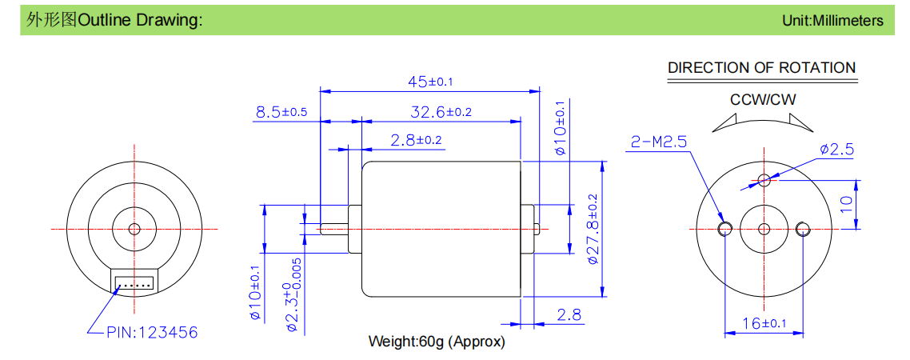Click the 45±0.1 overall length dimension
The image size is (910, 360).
coord(430,82)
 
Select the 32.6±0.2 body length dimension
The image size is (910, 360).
coord(441,112)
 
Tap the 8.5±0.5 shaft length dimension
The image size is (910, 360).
coord(281,112)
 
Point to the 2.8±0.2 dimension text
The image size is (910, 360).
coord(416,140)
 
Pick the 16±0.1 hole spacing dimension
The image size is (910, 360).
coord(764,323)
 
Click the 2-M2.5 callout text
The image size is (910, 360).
coord(658,142)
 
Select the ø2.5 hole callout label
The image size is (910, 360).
coord(837,150)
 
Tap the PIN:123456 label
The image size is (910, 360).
coord(152,332)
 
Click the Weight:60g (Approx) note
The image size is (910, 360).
coord(437,342)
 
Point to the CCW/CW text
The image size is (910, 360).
coord(763,100)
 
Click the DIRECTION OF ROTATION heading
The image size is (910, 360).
coord(761,67)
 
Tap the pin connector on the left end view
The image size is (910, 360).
coord(134,282)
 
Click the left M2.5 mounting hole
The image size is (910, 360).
coord(724,229)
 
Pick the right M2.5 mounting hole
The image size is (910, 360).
coord(804,229)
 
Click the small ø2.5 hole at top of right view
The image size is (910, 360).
coord(764,179)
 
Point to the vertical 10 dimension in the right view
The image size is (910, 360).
coord(846,204)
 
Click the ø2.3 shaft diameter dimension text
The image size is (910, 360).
coord(296,295)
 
